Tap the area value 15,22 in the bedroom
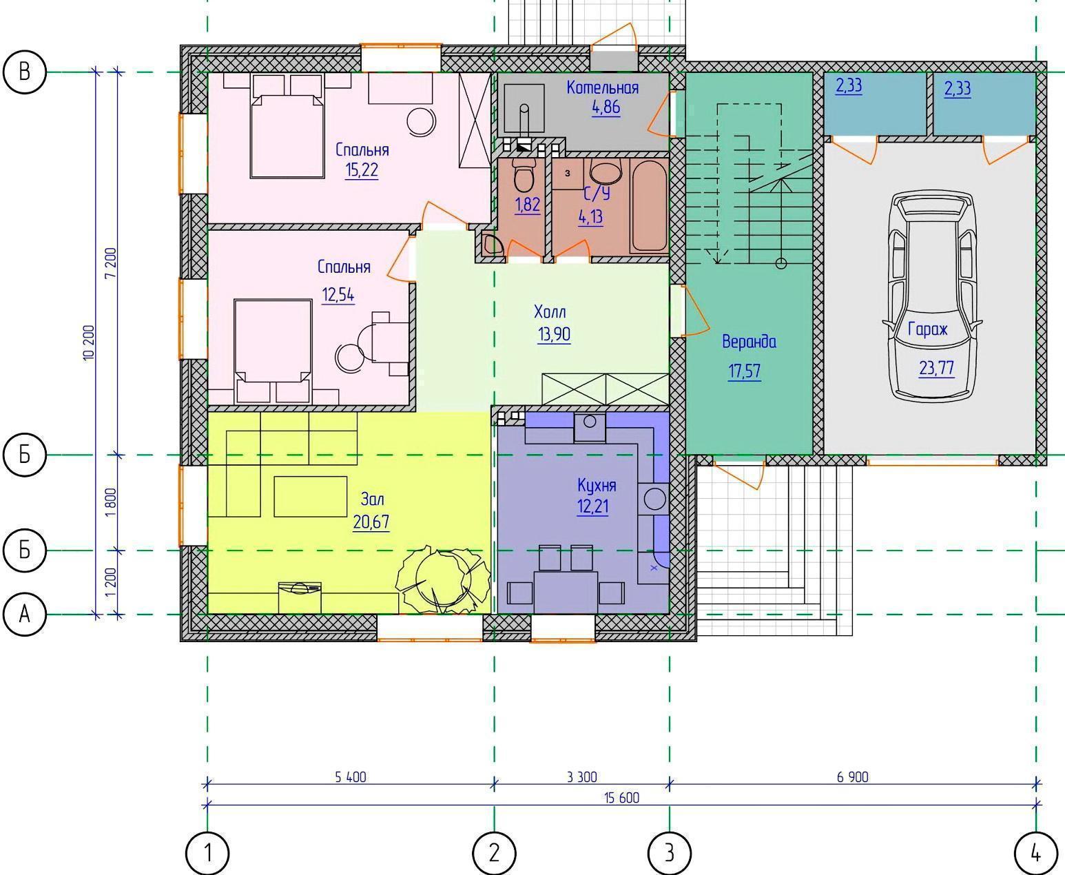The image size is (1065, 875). (x=362, y=170)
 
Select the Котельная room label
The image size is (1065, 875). (x=603, y=88)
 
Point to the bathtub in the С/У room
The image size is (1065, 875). (x=648, y=206)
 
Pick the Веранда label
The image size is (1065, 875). (x=749, y=342)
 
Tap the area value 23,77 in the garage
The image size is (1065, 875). (x=937, y=369)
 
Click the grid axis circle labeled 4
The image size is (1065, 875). (x=1035, y=853)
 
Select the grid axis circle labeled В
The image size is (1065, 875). (x=24, y=72)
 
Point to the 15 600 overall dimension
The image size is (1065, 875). (x=621, y=798)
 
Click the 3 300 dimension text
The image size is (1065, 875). (x=581, y=776)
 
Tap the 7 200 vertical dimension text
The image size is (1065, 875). (x=111, y=262)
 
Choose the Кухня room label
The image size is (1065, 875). (x=597, y=486)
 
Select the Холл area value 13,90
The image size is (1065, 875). (x=554, y=334)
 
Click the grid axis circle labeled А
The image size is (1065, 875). (x=24, y=615)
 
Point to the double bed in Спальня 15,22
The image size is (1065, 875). (x=287, y=126)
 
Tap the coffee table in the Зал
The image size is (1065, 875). (x=311, y=496)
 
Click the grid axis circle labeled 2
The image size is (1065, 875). (x=494, y=853)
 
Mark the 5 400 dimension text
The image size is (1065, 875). (x=351, y=776)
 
